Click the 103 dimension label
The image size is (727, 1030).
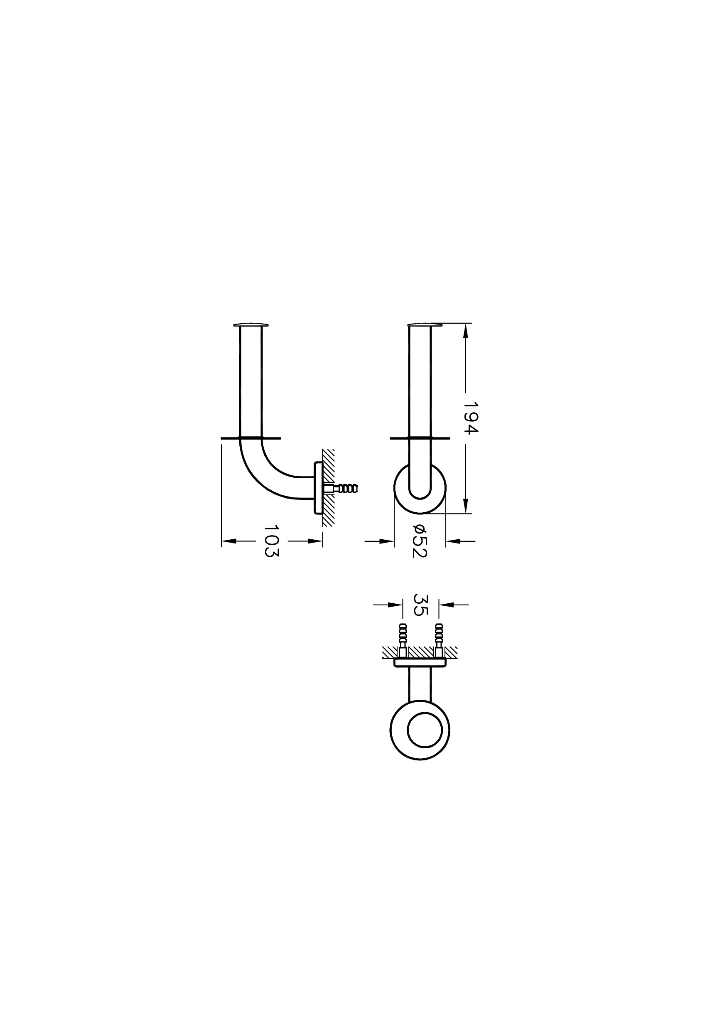[271, 541]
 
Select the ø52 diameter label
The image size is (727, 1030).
[419, 541]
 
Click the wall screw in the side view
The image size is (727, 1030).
[345, 488]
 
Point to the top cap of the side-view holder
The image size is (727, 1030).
[251, 324]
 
